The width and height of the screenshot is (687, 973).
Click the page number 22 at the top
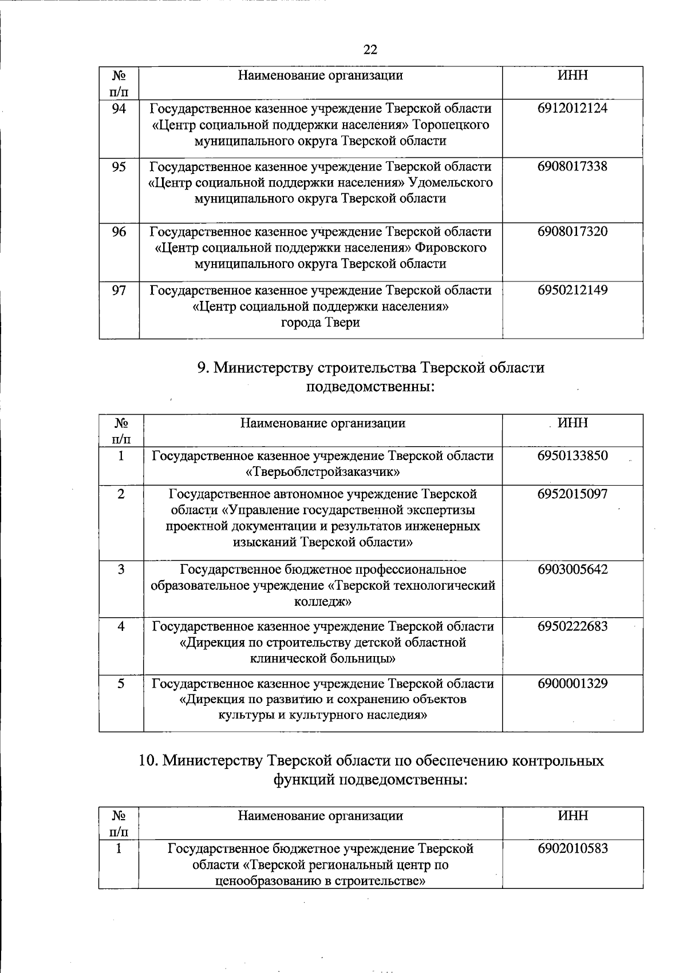370,50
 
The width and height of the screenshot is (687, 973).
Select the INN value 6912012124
572,108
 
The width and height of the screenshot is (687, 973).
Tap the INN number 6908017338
572,166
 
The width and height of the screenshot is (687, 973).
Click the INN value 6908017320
572,232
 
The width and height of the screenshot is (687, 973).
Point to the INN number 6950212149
572,290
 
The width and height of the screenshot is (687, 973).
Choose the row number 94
119,108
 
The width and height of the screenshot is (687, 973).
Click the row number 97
119,290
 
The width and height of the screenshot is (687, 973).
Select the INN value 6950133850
572,456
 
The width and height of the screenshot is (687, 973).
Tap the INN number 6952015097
572,494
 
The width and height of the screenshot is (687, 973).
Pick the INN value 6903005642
572,569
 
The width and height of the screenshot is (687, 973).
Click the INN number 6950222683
572,626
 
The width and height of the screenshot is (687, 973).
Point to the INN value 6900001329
572,684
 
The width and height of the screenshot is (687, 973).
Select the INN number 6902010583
572,848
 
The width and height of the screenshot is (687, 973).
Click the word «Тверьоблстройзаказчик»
322,472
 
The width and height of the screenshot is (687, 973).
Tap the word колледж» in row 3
322,602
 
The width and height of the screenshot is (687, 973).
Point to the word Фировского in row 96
451,248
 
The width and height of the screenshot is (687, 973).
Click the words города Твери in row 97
320,323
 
